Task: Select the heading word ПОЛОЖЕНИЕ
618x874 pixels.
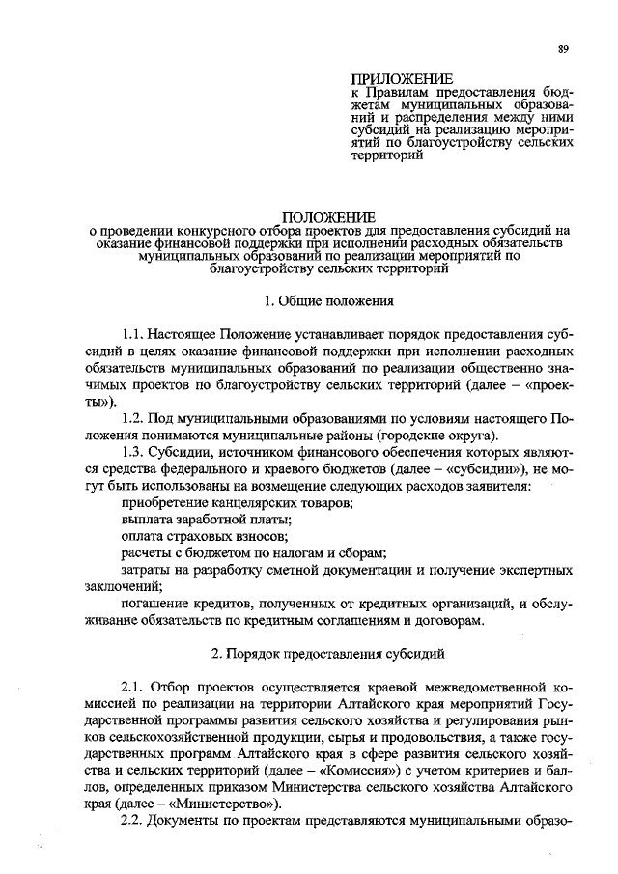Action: pos(328,218)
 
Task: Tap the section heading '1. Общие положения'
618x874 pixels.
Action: pos(328,301)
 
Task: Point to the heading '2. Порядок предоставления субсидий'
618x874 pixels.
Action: pos(328,654)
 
